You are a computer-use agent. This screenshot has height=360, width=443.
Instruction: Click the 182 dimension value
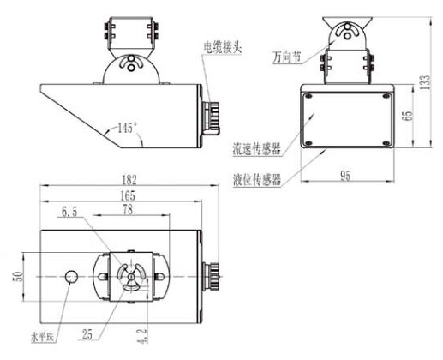[129, 180]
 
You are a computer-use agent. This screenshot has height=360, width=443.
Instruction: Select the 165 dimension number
[128, 196]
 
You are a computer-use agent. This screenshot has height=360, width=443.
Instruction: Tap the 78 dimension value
[128, 210]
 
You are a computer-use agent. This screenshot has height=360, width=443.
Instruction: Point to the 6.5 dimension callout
[69, 212]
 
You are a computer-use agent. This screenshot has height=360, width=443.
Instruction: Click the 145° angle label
[128, 128]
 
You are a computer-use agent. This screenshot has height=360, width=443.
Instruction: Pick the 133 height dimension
[425, 82]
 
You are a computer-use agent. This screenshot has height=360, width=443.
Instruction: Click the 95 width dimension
[345, 176]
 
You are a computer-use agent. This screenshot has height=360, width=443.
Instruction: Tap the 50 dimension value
[18, 276]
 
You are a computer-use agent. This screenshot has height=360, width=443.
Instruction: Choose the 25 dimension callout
[87, 334]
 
